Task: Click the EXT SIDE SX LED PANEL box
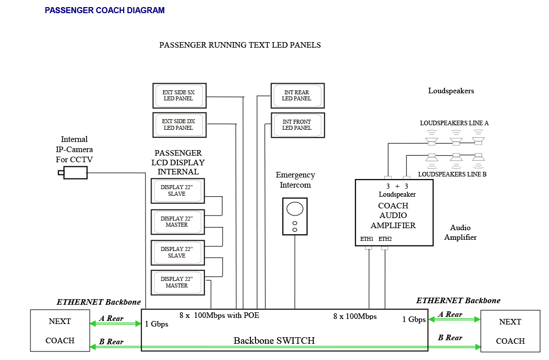click(x=179, y=95)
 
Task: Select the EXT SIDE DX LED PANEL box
click(x=179, y=125)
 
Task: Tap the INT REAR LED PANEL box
click(x=297, y=95)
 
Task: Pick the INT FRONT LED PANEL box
click(x=297, y=125)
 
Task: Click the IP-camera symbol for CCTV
click(x=74, y=173)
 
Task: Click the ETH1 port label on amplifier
click(x=367, y=239)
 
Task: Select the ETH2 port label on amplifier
click(x=385, y=239)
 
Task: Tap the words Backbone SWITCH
click(x=274, y=341)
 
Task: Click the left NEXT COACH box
click(x=60, y=331)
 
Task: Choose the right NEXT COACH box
click(x=510, y=331)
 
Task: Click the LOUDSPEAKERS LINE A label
click(x=454, y=123)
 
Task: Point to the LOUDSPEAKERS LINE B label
click(x=452, y=174)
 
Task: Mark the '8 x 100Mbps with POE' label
click(x=219, y=315)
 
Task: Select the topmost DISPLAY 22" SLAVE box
click(x=177, y=191)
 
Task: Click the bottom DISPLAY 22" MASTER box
click(x=177, y=282)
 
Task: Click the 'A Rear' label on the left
click(x=112, y=318)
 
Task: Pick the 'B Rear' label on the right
click(x=450, y=338)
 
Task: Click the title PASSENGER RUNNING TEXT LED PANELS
click(x=240, y=45)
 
